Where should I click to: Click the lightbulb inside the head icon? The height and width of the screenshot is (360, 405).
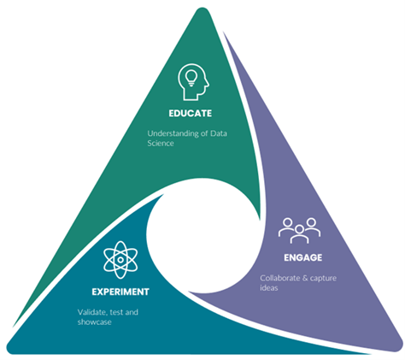click(191, 78)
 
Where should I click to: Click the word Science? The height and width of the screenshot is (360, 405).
click(161, 144)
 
